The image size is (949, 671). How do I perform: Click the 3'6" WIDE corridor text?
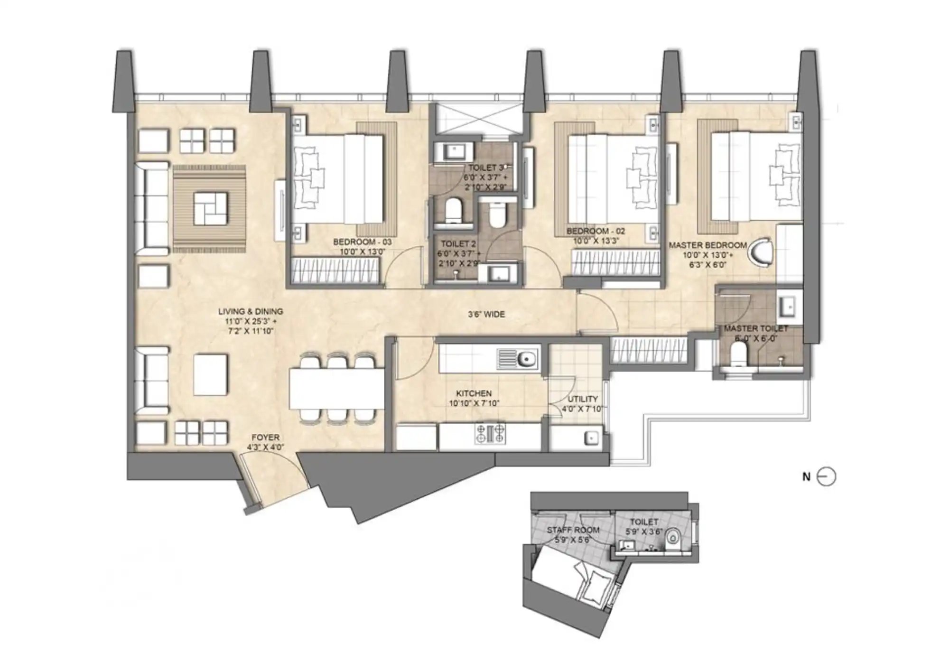(486, 314)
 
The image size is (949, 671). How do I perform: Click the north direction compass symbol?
(826, 476)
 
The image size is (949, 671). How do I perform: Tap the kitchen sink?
(518, 359)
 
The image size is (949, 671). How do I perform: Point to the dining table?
(336, 388)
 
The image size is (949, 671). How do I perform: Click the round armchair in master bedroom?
(760, 252)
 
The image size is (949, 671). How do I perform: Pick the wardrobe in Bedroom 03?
(335, 271)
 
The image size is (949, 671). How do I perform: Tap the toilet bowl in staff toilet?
(672, 537)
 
